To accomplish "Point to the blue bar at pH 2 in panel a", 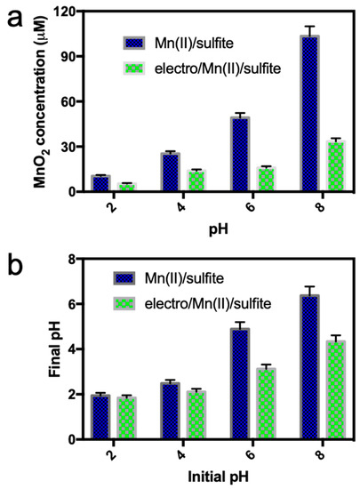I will tap(100, 183).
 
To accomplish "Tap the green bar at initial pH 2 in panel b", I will tap(130, 418).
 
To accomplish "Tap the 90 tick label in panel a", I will tap(69, 56).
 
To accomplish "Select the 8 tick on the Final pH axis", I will tap(76, 259).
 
